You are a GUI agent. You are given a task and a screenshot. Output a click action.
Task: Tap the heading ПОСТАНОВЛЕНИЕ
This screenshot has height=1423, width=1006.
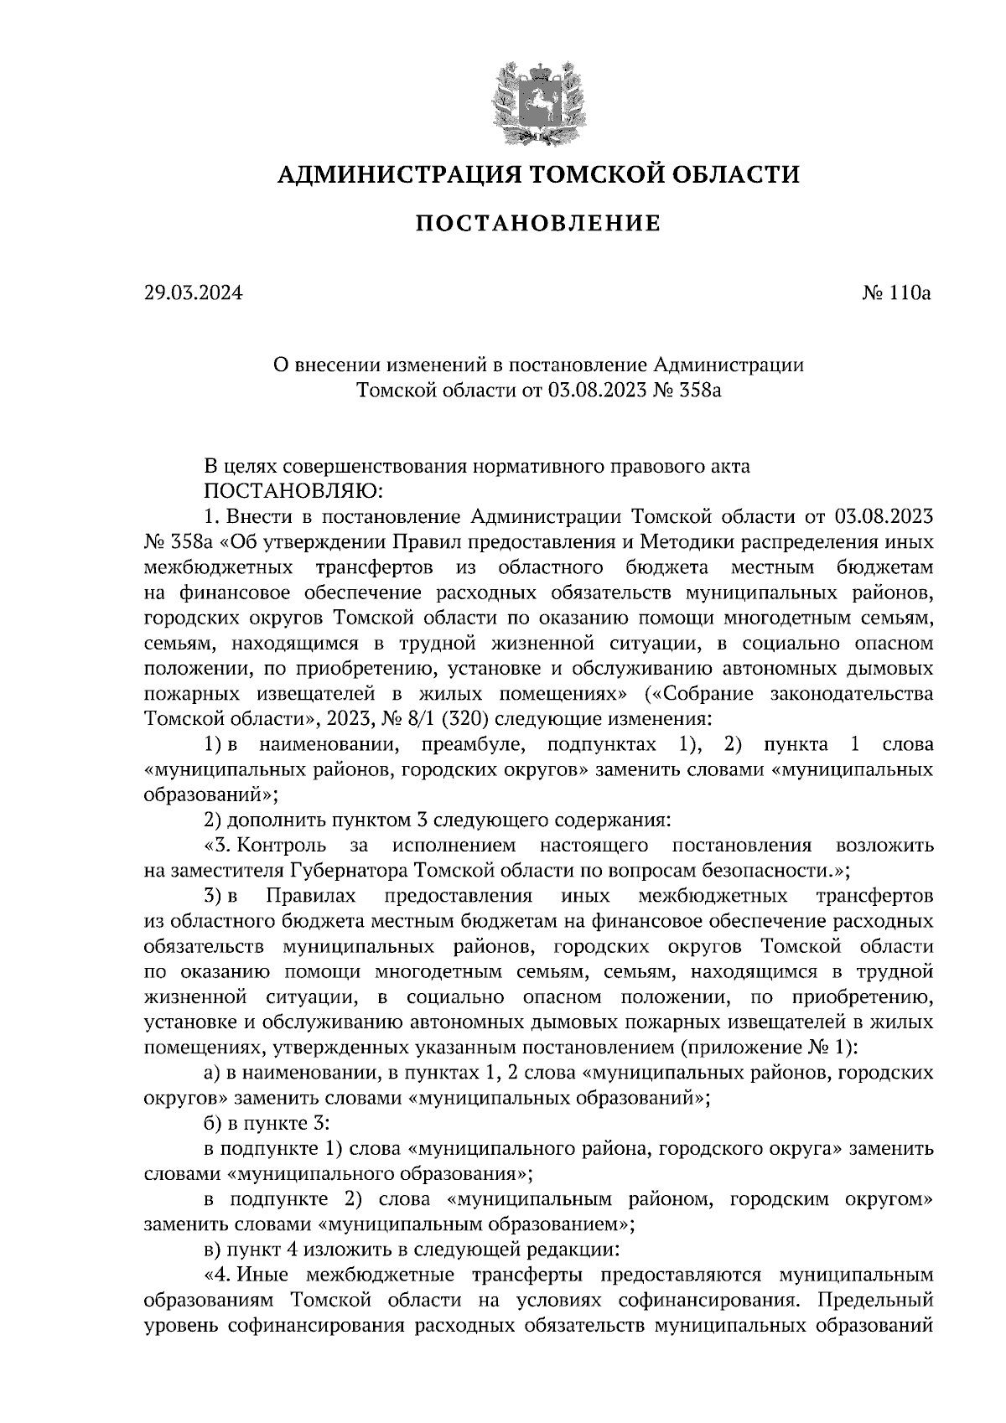coord(537,224)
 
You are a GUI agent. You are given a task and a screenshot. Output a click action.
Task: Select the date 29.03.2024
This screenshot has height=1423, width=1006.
coord(192,293)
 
